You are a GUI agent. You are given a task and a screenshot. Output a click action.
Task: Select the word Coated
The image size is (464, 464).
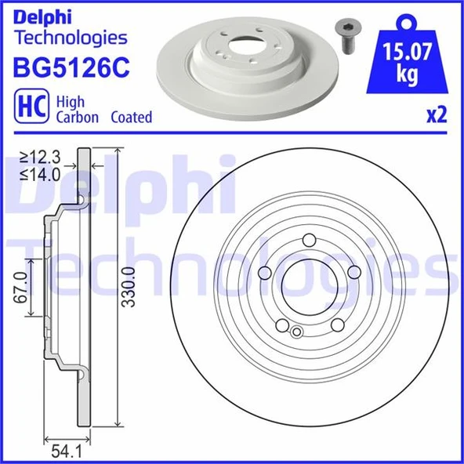click(131, 117)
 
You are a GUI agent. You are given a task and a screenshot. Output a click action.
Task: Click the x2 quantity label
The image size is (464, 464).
click(436, 116)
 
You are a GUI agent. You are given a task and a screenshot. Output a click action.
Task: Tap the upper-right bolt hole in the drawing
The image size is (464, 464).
click(353, 271)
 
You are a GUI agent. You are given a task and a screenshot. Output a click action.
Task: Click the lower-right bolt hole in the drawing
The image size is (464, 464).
click(336, 324)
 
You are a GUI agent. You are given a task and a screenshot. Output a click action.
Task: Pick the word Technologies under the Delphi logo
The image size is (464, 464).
click(71, 37)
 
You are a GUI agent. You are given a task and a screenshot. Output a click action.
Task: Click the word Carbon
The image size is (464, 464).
click(77, 117)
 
